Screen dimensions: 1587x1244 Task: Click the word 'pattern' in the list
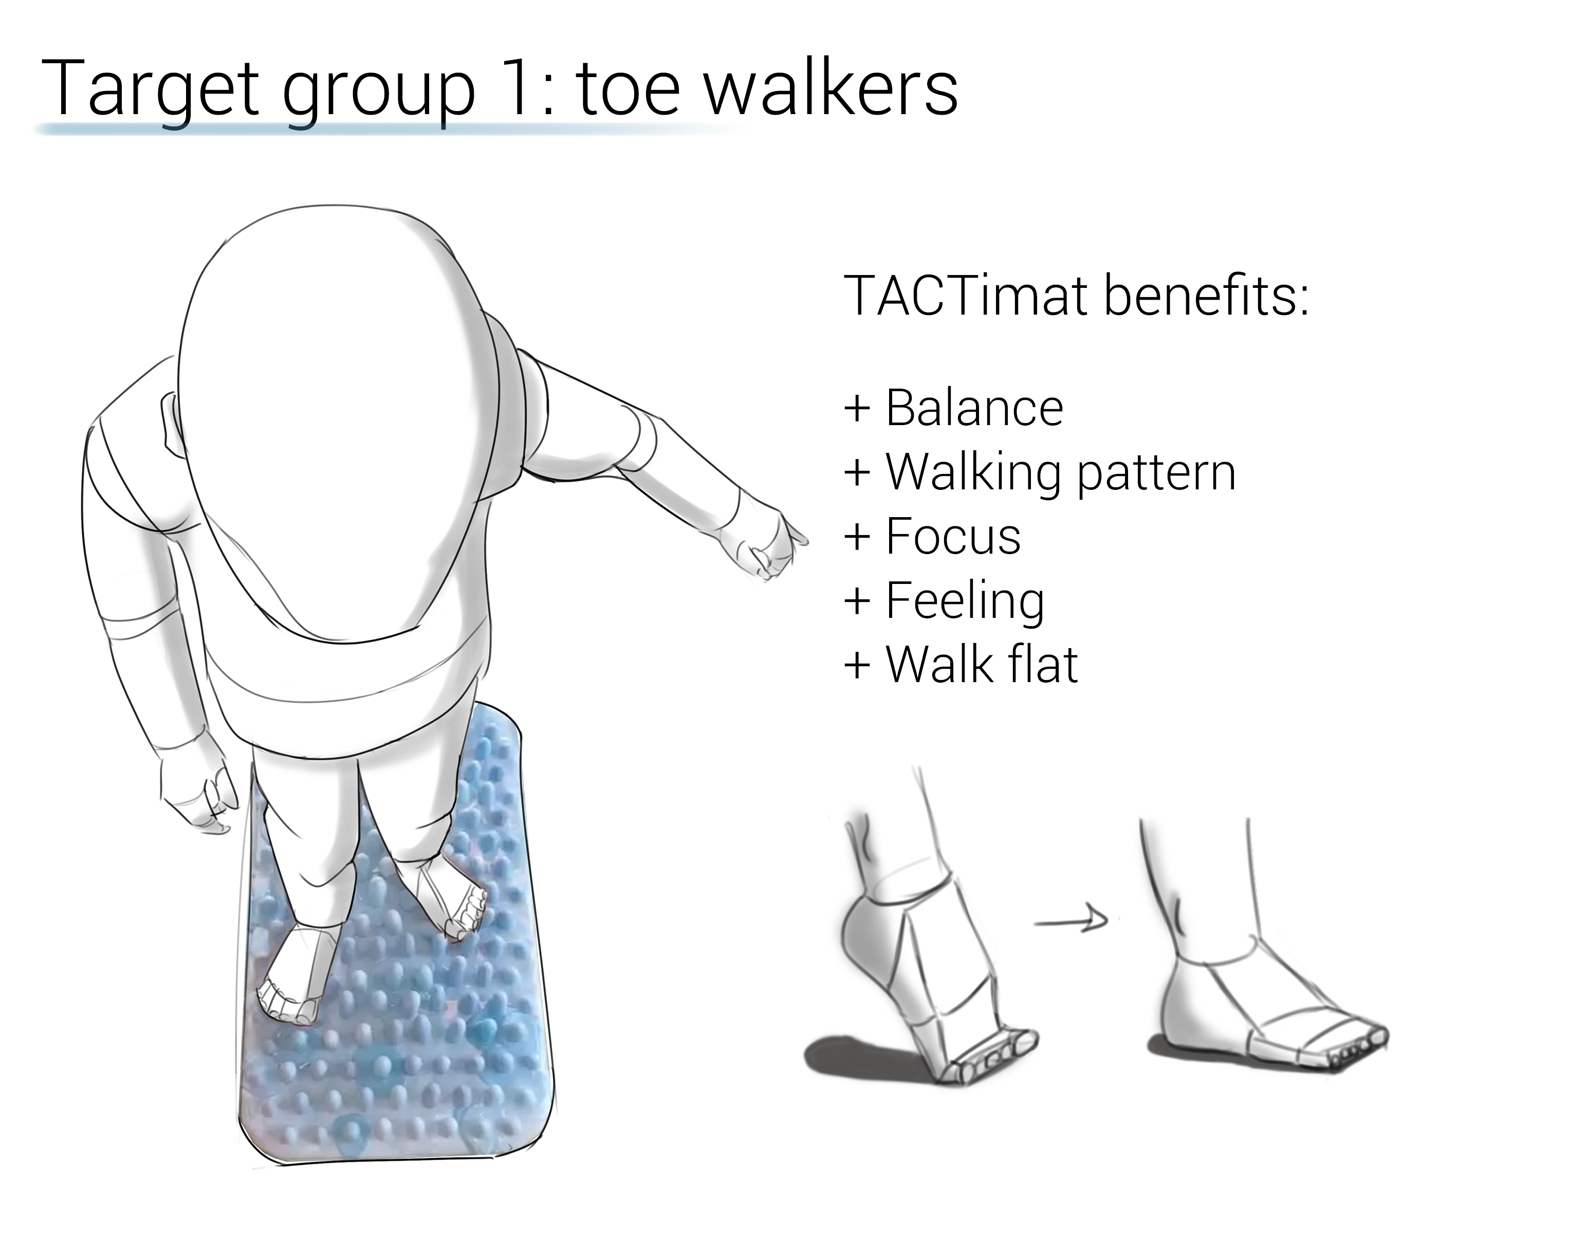point(1156,475)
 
